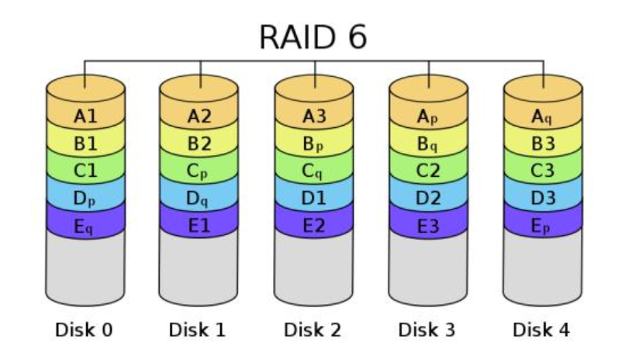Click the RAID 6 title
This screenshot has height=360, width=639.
(313, 36)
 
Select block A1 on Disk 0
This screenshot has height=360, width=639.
(85, 117)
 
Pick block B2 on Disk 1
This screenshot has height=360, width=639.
(199, 144)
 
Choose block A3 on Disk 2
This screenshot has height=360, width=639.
(314, 117)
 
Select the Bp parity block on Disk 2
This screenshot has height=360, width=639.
(314, 144)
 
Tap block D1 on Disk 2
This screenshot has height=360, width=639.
(314, 199)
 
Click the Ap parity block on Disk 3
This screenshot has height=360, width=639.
(428, 117)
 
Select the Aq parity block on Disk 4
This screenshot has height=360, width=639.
(543, 117)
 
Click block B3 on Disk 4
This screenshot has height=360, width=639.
(543, 144)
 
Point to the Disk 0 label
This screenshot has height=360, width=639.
(85, 330)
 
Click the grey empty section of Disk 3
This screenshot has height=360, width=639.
(428, 268)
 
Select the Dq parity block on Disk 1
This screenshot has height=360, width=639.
(199, 199)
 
